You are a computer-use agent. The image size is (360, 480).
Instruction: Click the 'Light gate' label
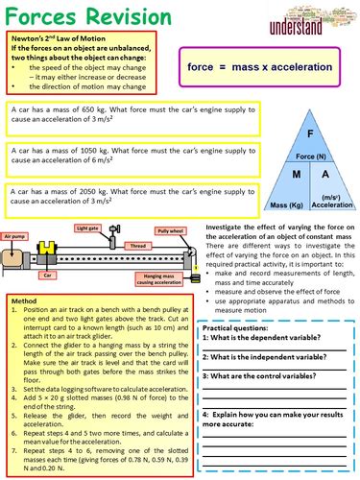88,228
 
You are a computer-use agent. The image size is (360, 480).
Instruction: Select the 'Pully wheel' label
170,231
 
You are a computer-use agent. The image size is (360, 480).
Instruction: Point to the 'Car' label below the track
46,273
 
